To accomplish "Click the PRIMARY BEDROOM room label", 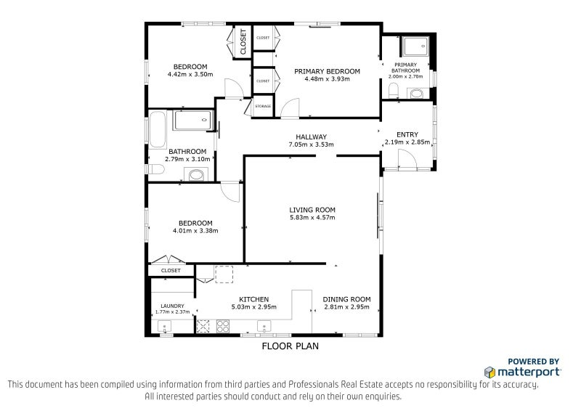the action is click(327, 72).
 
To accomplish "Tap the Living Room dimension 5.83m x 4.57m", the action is click(312, 218).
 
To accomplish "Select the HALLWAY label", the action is click(312, 137).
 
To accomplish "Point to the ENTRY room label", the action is click(407, 134).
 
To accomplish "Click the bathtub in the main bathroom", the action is click(158, 129).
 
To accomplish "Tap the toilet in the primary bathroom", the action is click(393, 91).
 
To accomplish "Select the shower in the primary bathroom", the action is click(415, 46).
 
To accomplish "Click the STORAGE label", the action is click(263, 106).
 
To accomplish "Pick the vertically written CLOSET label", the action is click(243, 42).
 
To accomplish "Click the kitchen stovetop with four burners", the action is click(223, 326).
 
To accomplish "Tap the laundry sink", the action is click(164, 327).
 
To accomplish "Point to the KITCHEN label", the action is click(253, 299).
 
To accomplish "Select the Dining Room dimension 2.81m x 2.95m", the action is click(347, 307).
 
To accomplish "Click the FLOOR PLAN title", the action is click(290, 346).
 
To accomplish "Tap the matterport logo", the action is click(522, 372).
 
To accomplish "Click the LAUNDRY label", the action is click(172, 306).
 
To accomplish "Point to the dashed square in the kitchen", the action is click(224, 274).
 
